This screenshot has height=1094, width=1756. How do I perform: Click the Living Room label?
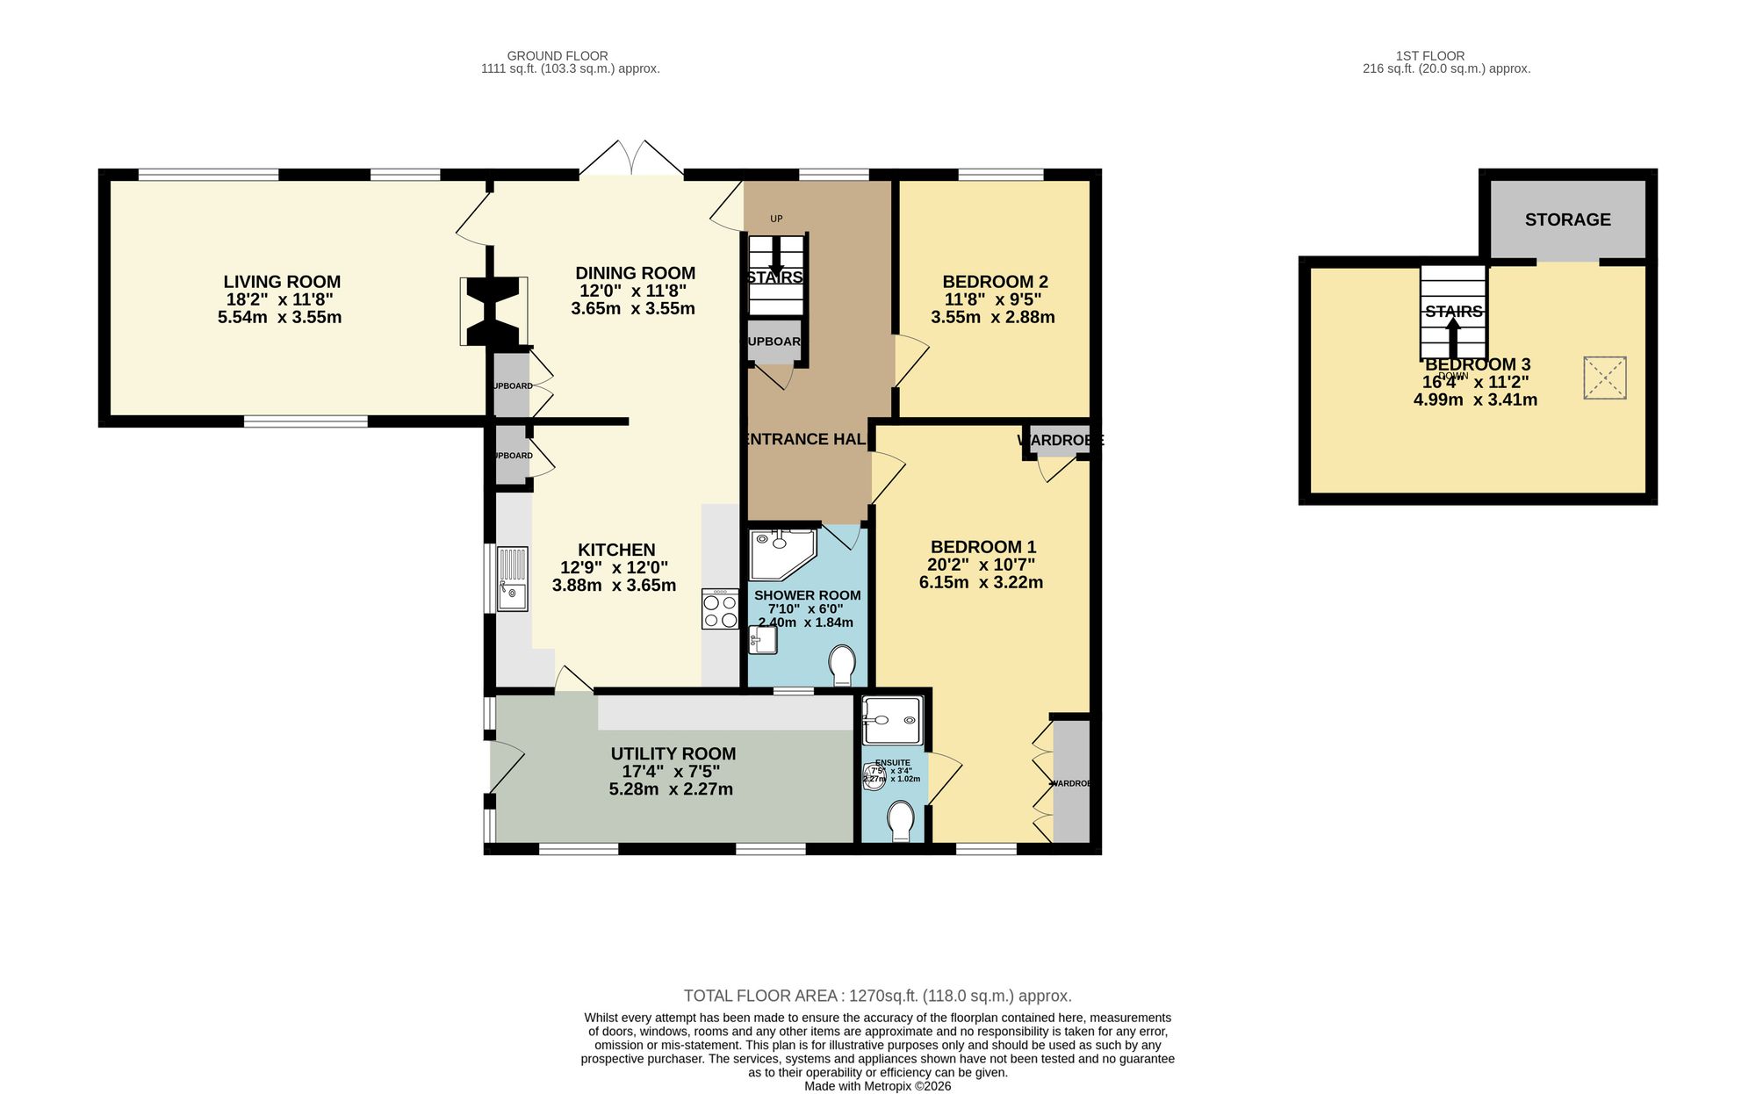[282, 282]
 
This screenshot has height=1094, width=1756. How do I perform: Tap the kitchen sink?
[512, 579]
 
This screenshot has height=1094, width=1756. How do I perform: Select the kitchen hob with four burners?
[720, 609]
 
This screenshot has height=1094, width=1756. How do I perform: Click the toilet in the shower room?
[843, 665]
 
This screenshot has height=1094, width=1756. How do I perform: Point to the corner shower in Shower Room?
[781, 553]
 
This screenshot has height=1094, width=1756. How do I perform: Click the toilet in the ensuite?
[901, 821]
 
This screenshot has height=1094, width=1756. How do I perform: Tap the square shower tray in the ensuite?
[891, 721]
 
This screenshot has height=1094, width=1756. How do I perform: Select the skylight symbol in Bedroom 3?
[1604, 378]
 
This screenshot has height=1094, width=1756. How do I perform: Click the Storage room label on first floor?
[1567, 220]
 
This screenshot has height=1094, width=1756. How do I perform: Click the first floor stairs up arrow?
[1453, 336]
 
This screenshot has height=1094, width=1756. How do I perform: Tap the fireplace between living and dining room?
[493, 312]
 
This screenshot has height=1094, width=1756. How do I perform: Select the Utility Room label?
[673, 753]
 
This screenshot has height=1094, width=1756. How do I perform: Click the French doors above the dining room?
[631, 159]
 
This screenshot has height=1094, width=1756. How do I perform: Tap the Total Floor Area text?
[877, 996]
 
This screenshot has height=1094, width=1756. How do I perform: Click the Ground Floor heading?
[558, 55]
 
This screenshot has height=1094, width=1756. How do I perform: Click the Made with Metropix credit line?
[877, 1086]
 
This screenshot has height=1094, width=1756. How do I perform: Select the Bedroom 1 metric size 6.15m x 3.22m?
[981, 582]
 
